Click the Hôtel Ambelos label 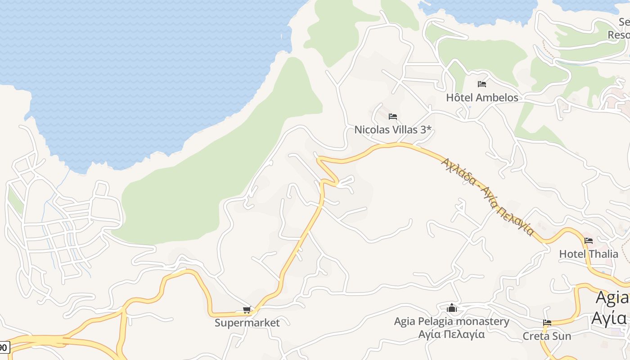(x=482, y=97)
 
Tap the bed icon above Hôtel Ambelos (x=482, y=84)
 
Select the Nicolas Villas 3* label (x=393, y=130)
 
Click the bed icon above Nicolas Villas (x=393, y=117)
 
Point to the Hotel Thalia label (x=589, y=254)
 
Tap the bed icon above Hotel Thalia (x=589, y=241)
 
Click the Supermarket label (x=247, y=323)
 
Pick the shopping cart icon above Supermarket (x=247, y=310)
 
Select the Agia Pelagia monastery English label (x=451, y=321)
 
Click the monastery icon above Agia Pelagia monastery (x=452, y=308)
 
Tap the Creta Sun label (x=547, y=336)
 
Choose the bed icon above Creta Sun (x=547, y=323)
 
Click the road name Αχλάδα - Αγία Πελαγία (x=487, y=196)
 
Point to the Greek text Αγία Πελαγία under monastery (x=451, y=334)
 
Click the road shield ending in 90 (x=4, y=347)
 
